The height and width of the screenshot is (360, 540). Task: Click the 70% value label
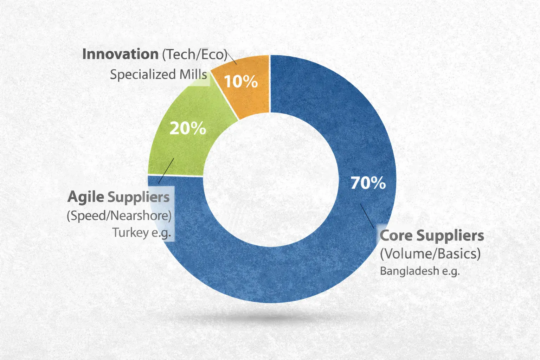click(368, 183)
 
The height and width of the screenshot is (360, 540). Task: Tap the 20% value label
click(188, 128)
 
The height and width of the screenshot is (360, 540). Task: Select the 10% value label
click(241, 82)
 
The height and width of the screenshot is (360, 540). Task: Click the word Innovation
click(120, 54)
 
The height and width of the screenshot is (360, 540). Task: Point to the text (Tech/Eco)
click(194, 54)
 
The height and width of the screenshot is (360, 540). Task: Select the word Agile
click(86, 197)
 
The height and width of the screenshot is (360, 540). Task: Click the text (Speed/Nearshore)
click(119, 215)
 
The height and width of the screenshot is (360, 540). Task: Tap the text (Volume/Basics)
click(430, 253)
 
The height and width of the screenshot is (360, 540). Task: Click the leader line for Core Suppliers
click(367, 215)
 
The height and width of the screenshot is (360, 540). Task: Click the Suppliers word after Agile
click(139, 197)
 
